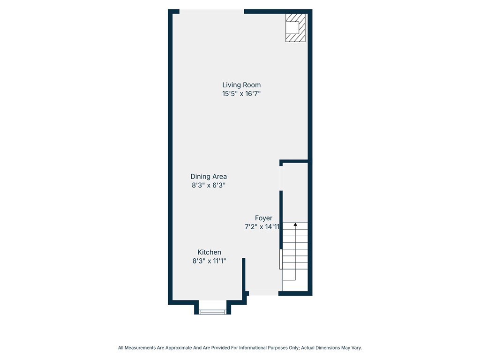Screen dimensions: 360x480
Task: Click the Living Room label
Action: (x=241, y=85)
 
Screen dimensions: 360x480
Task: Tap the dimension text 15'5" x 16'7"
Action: (x=241, y=94)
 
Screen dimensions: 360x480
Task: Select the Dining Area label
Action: (x=209, y=177)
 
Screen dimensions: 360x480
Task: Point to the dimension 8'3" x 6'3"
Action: (x=209, y=185)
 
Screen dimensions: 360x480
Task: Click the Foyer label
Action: (x=263, y=218)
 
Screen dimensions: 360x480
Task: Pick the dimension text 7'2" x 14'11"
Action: (x=262, y=227)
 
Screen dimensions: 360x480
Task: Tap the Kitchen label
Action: (x=209, y=252)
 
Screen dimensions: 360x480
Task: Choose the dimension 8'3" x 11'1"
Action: (x=209, y=261)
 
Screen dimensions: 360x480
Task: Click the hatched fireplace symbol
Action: (x=296, y=28)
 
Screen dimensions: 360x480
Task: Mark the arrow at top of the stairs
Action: (x=295, y=225)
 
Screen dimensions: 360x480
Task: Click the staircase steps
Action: (x=295, y=248)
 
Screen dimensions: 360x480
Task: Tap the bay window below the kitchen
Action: (x=212, y=311)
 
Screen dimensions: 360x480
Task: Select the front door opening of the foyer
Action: (x=263, y=293)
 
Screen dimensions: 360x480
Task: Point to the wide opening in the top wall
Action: (x=211, y=12)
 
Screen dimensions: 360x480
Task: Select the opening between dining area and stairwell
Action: (x=281, y=178)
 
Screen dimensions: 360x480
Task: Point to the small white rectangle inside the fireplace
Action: (x=292, y=28)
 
